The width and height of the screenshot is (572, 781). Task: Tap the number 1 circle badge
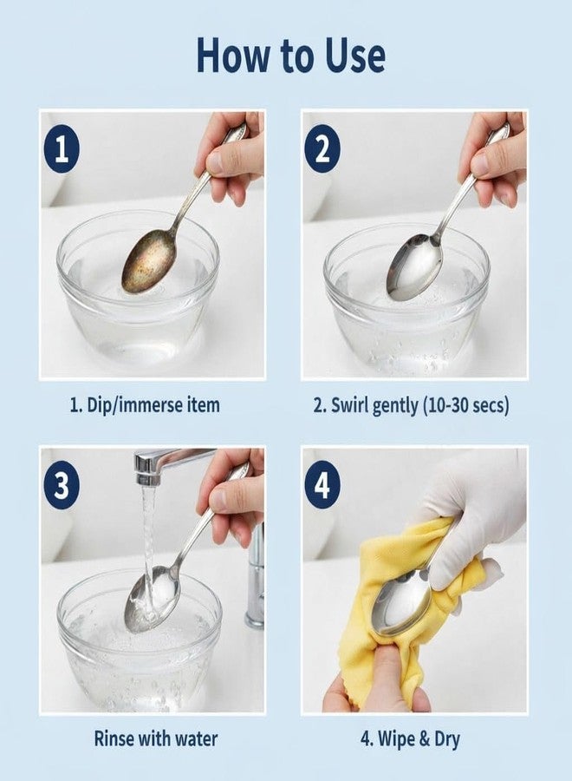pos(62,148)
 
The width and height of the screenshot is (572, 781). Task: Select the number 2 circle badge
pos(322,148)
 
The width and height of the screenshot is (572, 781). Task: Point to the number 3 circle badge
pos(62,484)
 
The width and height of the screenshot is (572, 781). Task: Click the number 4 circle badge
pos(322,484)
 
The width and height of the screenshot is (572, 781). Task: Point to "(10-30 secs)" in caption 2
pos(465,405)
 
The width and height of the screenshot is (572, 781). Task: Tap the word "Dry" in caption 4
pos(447,739)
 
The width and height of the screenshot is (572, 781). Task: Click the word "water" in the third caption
pos(196,738)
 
